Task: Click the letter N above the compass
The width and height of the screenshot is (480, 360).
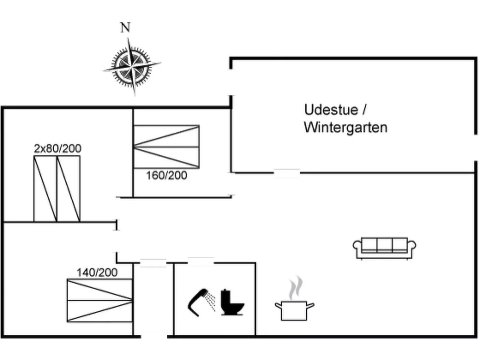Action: point(126,27)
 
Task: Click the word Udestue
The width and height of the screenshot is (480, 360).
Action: point(331,110)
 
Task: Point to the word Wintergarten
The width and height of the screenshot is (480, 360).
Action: point(346,128)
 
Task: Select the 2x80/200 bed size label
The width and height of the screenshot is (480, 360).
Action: point(57,148)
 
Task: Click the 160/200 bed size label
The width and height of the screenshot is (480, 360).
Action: point(166,175)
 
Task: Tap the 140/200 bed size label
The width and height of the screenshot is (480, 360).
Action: point(97,272)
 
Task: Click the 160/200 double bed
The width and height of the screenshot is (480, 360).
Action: point(166,147)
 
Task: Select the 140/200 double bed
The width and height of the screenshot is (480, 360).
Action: point(100,300)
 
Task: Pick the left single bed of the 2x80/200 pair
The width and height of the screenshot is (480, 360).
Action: point(45,189)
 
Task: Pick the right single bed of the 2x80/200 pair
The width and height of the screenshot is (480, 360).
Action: point(68,189)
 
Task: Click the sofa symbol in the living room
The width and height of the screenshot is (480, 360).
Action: point(384,248)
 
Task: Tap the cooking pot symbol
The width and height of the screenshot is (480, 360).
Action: point(294,310)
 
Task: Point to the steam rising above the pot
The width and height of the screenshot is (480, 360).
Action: point(296,287)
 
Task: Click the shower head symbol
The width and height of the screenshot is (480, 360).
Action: point(201,301)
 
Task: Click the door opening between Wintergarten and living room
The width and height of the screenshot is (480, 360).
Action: point(287,173)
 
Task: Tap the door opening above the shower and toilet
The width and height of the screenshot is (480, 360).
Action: point(201,262)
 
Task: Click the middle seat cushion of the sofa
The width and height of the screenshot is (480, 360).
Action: point(384,245)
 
